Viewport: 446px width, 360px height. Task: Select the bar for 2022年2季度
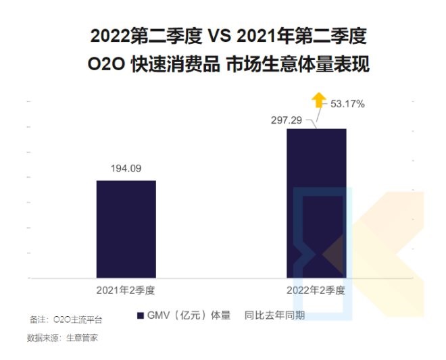click(x=316, y=203)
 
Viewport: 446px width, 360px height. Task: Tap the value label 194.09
click(x=126, y=168)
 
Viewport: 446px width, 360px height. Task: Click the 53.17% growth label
click(x=347, y=104)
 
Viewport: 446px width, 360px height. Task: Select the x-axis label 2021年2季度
click(x=126, y=290)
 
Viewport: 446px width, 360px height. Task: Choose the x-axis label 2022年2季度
click(x=316, y=290)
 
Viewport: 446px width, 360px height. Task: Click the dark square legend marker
click(x=140, y=315)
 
